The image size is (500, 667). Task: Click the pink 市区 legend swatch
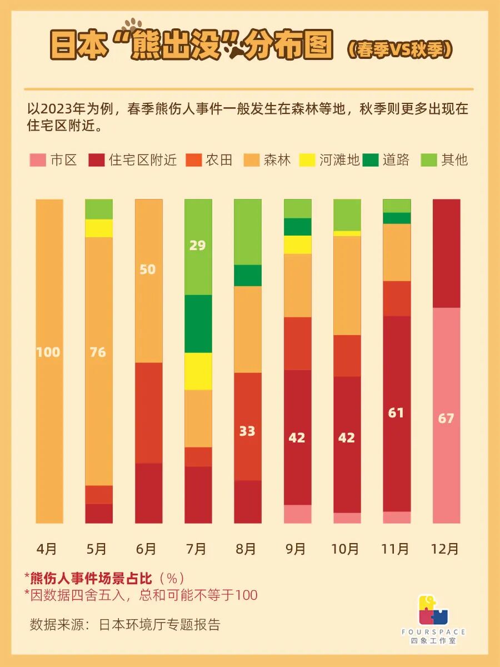click(x=37, y=161)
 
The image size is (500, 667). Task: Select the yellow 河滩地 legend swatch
click(x=307, y=161)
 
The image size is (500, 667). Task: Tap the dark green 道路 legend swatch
click(x=371, y=161)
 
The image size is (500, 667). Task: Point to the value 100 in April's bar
click(x=48, y=352)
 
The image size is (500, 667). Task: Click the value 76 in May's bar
click(x=98, y=352)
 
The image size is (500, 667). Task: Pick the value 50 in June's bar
click(x=148, y=270)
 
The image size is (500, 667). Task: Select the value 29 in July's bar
click(x=197, y=245)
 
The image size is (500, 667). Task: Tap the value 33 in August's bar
click(x=247, y=431)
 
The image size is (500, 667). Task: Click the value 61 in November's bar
click(x=396, y=412)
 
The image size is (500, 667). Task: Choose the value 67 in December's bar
click(x=446, y=418)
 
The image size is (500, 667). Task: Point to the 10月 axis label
click(x=345, y=549)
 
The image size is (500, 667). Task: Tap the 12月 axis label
click(x=445, y=549)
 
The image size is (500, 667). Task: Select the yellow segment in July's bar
click(x=198, y=371)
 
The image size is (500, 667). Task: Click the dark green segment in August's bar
click(x=248, y=275)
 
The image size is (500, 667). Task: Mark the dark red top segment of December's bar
click(x=446, y=253)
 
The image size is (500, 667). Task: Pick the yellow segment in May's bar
click(x=99, y=228)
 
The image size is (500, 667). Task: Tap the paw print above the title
click(x=133, y=26)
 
